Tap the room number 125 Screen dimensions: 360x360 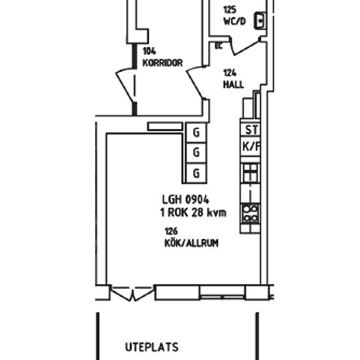(229, 10)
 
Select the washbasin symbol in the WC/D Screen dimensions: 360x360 (261, 21)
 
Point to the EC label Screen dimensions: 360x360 (219, 46)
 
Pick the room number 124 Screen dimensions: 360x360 (229, 73)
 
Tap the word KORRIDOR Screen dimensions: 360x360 (162, 63)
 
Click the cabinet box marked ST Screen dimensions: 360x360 (251, 130)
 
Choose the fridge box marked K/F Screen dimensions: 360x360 (251, 147)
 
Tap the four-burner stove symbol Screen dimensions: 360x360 (251, 213)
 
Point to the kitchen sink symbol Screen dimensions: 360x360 (251, 173)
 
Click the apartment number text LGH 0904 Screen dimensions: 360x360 (186, 200)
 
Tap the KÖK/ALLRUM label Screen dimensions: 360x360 (191, 243)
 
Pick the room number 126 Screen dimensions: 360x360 (171, 232)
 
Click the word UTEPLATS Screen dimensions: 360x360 (151, 347)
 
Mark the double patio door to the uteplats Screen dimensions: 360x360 (131, 294)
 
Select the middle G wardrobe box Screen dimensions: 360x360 (196, 153)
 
